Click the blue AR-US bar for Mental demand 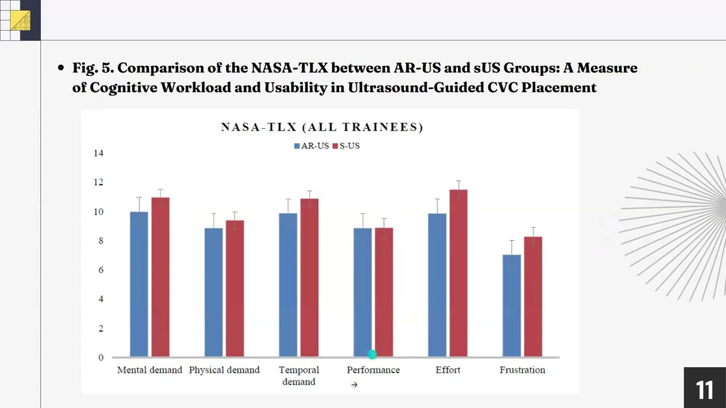139,284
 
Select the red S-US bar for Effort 458,273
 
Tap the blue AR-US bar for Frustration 512,305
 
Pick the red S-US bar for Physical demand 235,288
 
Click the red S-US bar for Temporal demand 310,278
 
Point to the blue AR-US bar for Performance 362,292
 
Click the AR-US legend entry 311,146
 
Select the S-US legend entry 346,146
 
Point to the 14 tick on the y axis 99,153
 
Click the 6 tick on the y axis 101,270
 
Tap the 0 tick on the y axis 101,358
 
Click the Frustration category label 522,370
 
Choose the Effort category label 448,370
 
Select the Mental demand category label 150,370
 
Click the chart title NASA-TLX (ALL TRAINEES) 322,127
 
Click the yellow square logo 20,20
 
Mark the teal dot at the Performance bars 372,355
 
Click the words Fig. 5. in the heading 93,68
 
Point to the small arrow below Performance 354,385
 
